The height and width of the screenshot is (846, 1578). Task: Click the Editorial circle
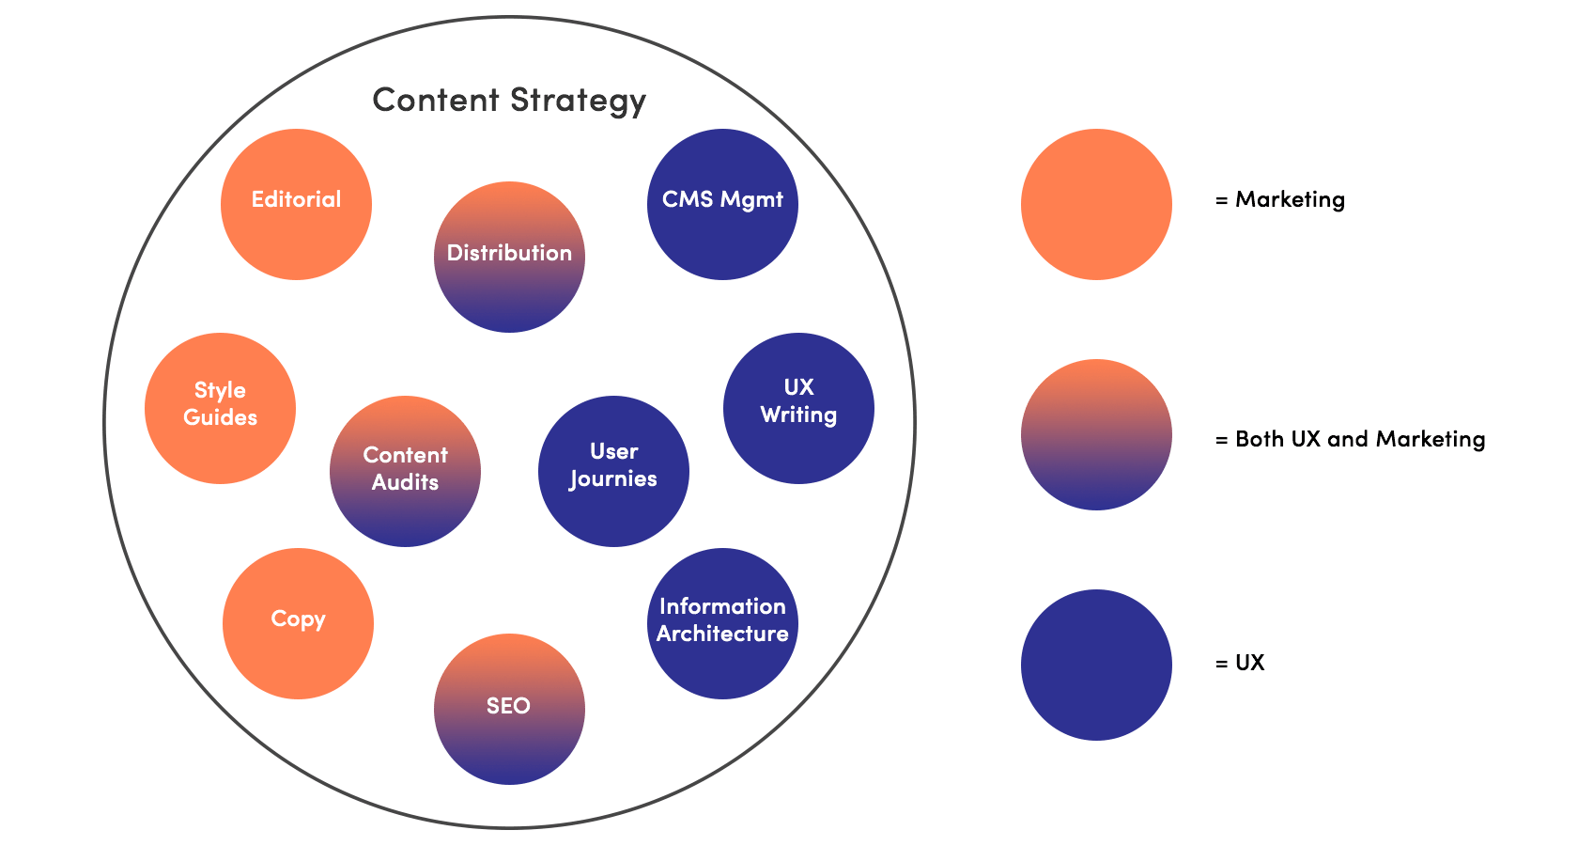(x=296, y=204)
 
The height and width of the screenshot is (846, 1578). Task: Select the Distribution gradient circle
(x=509, y=257)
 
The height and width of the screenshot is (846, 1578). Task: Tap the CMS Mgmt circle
(x=722, y=204)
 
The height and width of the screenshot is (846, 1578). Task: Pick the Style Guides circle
(x=220, y=408)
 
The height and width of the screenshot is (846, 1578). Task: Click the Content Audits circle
(x=405, y=471)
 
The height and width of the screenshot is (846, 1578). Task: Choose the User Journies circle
(x=613, y=471)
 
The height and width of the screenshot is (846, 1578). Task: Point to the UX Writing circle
(x=798, y=408)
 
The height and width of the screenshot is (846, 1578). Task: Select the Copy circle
(x=298, y=623)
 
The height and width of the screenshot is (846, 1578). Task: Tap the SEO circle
(x=509, y=709)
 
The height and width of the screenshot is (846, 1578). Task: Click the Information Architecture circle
(x=722, y=623)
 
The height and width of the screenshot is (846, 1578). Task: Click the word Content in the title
(x=435, y=100)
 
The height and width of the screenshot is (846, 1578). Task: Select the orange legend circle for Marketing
(x=1096, y=204)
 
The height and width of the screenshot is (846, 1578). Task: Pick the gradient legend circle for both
(x=1096, y=434)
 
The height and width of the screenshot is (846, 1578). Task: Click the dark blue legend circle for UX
(x=1096, y=665)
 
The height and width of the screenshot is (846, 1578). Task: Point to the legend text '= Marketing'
(x=1280, y=199)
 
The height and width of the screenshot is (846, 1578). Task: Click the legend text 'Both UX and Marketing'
(x=1359, y=439)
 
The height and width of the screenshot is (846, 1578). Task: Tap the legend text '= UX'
(x=1240, y=663)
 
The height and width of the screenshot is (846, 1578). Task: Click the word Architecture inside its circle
(x=722, y=634)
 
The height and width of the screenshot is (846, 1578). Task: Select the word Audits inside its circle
(x=405, y=482)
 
